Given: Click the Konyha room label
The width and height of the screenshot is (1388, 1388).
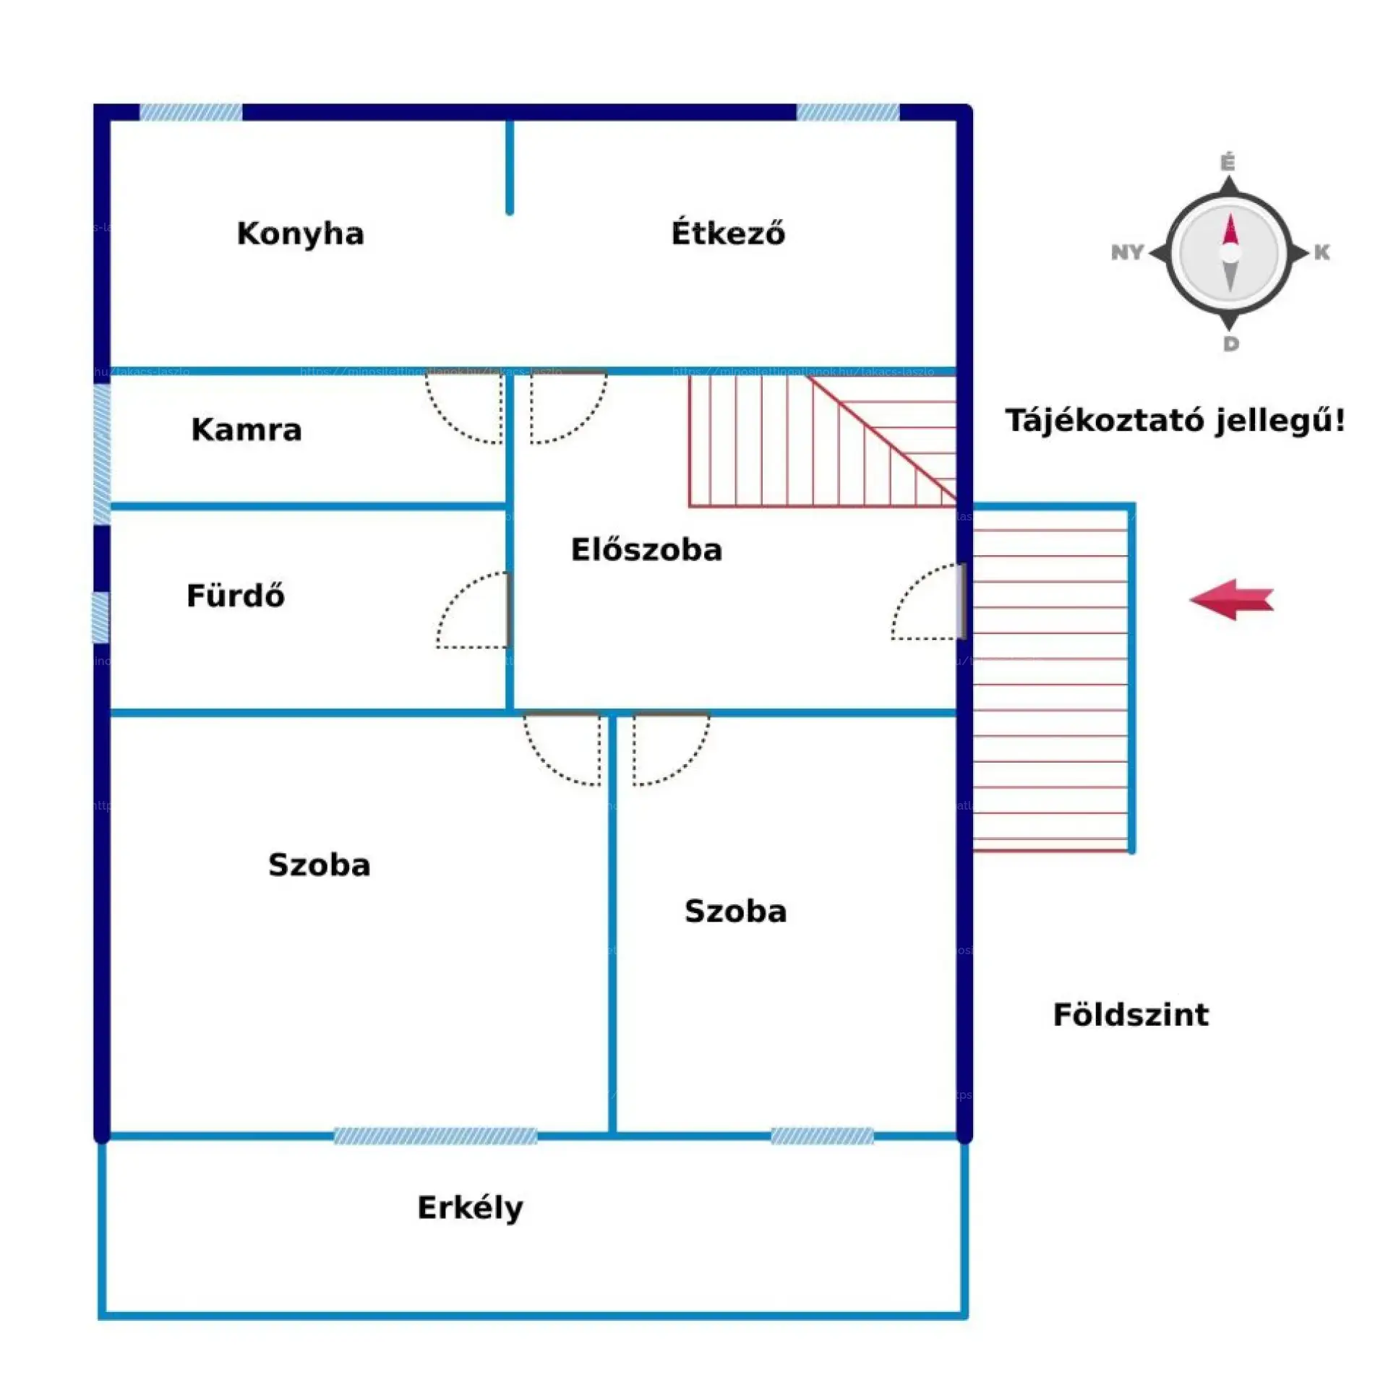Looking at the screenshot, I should coord(300,234).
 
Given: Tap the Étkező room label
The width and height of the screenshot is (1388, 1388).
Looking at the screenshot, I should coord(727,233).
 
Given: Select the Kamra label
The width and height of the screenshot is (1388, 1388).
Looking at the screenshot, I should coord(246,429).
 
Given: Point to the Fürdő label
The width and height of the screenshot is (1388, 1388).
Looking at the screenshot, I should coord(235,596).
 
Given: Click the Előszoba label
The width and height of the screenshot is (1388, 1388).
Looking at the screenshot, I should coord(646,549).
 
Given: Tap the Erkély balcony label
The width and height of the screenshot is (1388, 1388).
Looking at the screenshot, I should coord(470,1208).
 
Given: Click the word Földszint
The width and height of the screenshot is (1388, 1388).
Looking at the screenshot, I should coord(1130,1014).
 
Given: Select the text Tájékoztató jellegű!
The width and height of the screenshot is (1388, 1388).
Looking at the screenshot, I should coord(1175,420).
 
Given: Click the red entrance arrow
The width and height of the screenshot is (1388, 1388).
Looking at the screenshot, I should coord(1231,599).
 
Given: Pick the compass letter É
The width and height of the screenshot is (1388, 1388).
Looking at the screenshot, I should coord(1228,163).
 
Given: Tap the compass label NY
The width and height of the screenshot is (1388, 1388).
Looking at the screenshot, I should coord(1127,252).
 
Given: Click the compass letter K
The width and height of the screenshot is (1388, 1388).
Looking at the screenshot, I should coord(1321,252).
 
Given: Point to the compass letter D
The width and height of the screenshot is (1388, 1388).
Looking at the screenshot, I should coord(1230,344).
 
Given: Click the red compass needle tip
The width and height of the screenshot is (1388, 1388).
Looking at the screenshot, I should coord(1230,230).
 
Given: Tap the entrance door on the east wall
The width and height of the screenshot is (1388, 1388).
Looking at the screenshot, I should coord(961,601).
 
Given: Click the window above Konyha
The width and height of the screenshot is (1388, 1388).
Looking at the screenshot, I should coord(191,112).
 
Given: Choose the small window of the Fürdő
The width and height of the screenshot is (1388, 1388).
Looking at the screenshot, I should coord(100,617).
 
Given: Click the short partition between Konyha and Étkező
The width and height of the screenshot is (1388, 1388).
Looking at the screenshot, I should coord(510,166).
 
